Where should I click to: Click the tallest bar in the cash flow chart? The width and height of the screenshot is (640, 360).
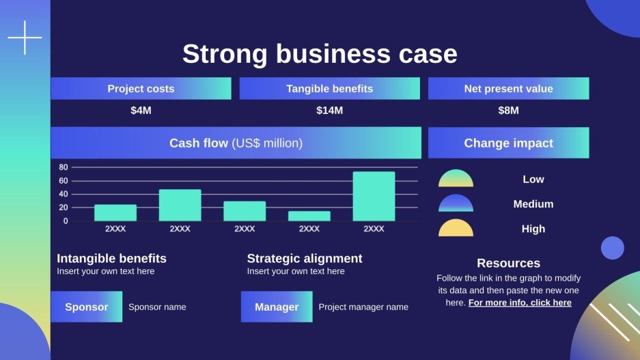point(374,196)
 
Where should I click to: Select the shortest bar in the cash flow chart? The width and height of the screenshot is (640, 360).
point(309,216)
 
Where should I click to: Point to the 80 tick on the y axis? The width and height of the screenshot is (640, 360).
point(64,167)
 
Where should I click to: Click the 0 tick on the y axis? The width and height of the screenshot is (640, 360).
point(66,221)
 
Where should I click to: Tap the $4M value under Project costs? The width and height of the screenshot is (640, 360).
point(141,111)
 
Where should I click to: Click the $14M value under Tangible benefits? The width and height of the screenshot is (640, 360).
point(329,111)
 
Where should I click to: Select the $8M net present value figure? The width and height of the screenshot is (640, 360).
point(508,111)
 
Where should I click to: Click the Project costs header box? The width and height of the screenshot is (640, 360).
point(141,89)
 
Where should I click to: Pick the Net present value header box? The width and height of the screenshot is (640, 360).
point(508,89)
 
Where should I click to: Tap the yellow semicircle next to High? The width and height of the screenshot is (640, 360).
point(456,229)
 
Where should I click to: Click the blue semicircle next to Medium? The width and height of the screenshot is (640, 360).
point(456,204)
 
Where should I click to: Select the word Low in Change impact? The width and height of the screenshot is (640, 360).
point(533,180)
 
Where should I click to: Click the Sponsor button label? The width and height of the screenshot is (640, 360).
point(86,307)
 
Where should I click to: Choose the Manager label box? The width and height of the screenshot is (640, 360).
point(277,307)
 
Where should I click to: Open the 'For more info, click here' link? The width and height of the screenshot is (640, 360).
point(520,303)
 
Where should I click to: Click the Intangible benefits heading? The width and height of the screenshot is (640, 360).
point(111,258)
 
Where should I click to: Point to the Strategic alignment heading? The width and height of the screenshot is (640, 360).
point(305,258)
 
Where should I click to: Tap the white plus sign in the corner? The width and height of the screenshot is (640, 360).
point(25,38)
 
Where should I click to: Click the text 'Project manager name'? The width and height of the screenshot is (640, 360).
point(363,307)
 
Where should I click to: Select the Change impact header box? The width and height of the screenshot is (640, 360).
point(508,143)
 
